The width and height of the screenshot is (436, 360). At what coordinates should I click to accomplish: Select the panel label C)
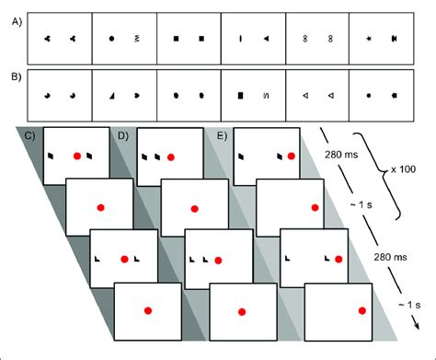point(30,137)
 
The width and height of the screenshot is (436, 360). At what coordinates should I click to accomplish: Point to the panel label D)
point(123,137)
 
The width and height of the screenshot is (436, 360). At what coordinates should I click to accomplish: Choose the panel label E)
point(220,137)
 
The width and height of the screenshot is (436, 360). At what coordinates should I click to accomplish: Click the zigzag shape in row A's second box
point(137,40)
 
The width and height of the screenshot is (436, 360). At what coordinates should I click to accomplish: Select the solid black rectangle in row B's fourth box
point(240,95)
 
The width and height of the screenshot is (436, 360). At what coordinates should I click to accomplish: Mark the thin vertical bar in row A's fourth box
point(240,40)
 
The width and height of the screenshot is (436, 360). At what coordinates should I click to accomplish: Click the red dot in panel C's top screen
point(77,157)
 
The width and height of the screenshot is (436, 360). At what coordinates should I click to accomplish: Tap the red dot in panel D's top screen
point(171,157)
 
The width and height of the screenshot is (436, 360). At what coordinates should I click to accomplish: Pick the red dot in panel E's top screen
point(292,157)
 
